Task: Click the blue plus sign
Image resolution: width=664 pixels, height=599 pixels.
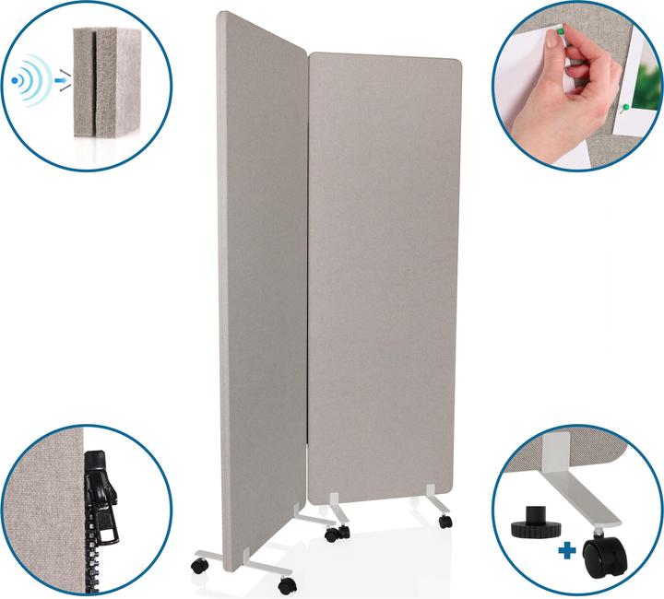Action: tap(566, 550)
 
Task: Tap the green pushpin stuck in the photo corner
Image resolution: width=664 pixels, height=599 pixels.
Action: tap(626, 108)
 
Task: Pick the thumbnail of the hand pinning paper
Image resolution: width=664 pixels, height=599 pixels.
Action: tap(576, 88)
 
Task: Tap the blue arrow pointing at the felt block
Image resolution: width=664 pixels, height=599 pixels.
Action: tap(61, 81)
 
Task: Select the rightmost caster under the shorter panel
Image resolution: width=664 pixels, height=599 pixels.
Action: tap(445, 522)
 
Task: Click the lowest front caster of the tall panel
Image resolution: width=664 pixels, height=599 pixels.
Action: tap(287, 585)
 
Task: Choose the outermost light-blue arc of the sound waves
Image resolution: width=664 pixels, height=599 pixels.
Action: tap(43, 81)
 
